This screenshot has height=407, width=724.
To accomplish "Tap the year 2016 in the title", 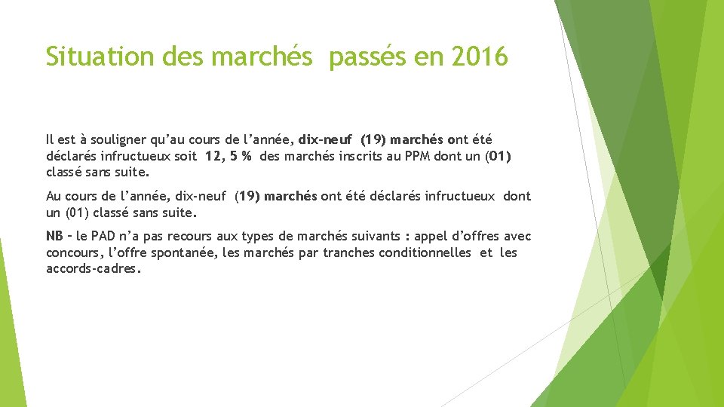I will click(480, 57).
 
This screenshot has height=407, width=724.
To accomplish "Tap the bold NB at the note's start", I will click(54, 237).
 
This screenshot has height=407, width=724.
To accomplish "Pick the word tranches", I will click(345, 252).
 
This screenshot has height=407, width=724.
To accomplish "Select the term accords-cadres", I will click(92, 268).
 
